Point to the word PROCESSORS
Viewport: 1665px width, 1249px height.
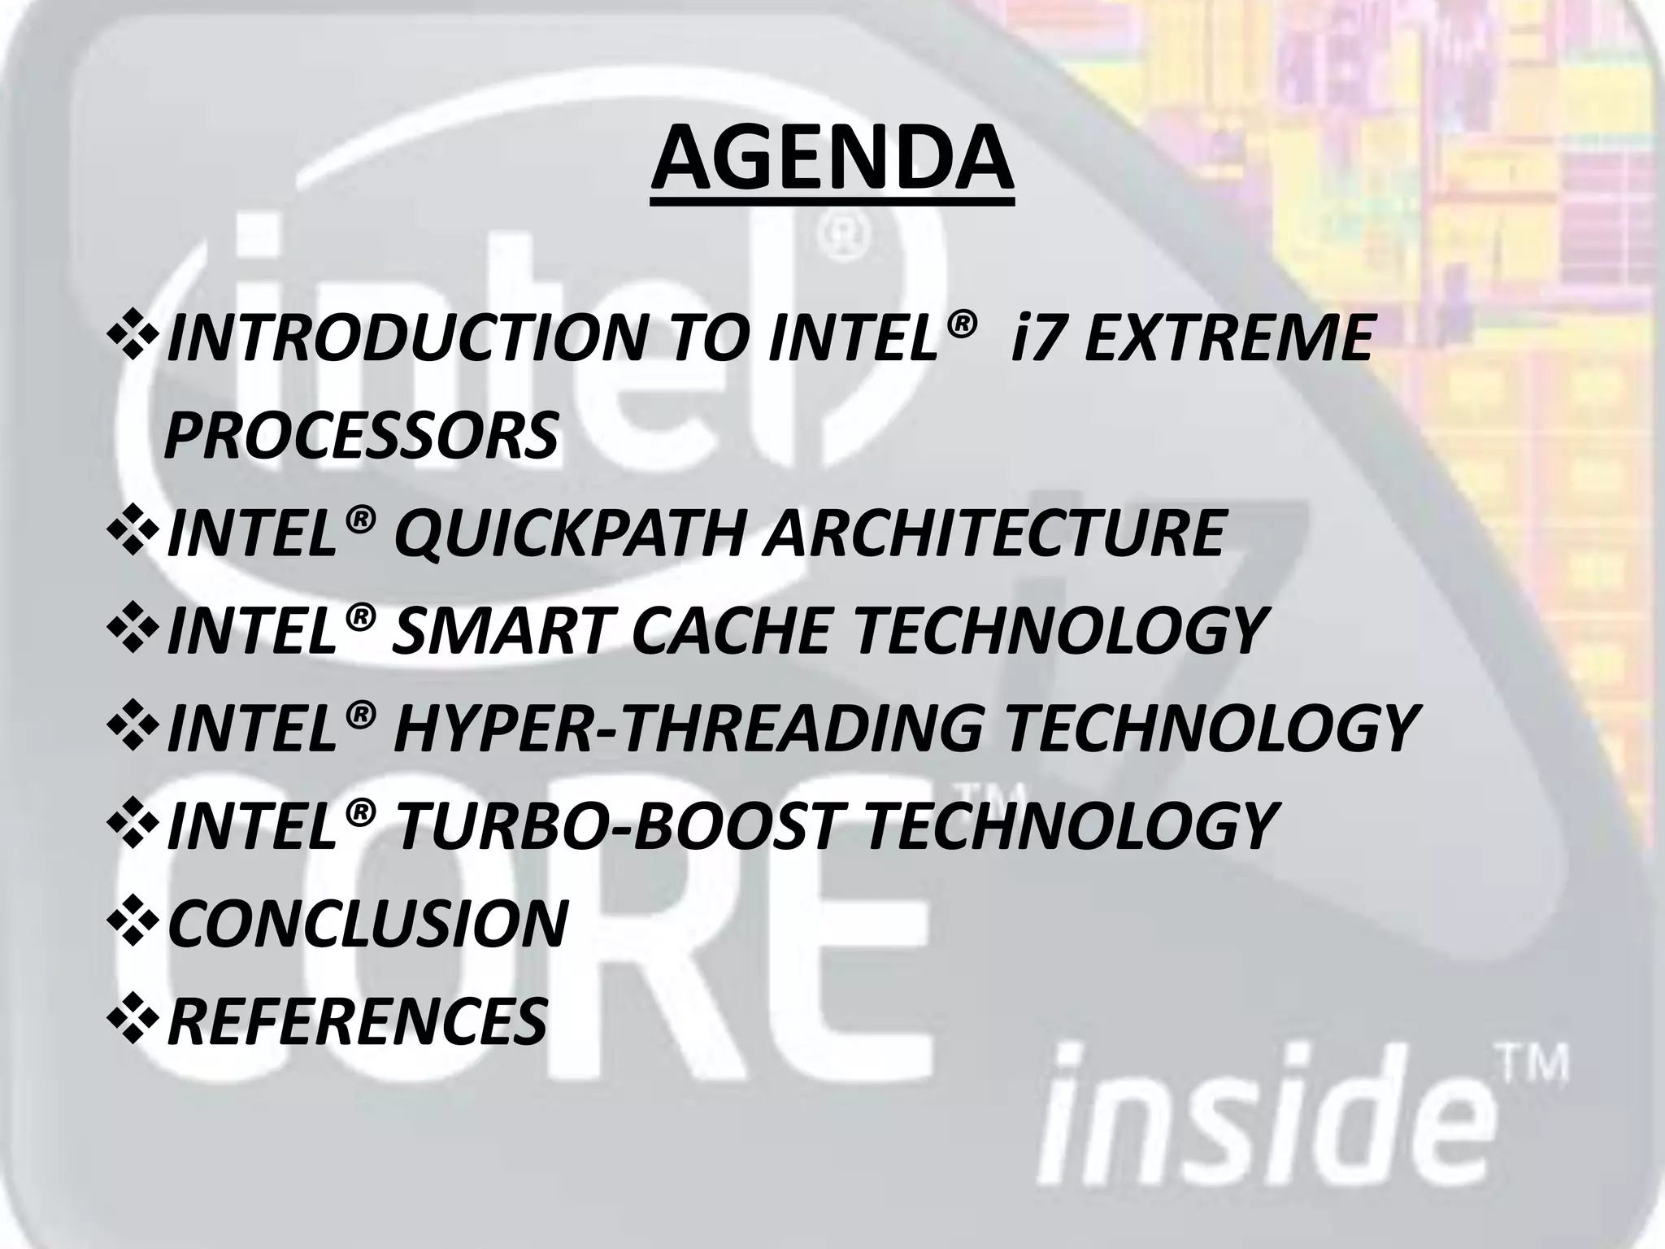(361, 434)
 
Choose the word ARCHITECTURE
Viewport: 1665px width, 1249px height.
(993, 533)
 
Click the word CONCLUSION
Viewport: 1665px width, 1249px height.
(367, 923)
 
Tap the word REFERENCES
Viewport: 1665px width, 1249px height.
(357, 1021)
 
